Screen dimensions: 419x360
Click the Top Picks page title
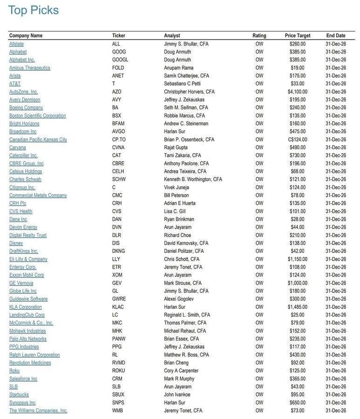tap(34, 10)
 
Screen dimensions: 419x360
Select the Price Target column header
tap(297, 36)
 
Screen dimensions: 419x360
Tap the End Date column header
tap(335, 36)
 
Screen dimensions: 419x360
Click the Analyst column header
tap(172, 36)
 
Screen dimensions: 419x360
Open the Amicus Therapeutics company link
tap(30, 68)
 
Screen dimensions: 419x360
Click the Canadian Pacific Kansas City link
tap(38, 140)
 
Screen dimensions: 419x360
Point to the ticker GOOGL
tap(120, 60)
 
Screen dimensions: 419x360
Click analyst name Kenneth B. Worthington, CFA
tap(193, 180)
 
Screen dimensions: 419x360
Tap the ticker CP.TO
tap(119, 140)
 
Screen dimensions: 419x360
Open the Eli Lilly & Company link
tap(28, 259)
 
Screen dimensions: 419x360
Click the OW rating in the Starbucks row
tap(259, 395)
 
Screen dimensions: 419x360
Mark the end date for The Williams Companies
tap(335, 411)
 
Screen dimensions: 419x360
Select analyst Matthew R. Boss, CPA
tap(186, 355)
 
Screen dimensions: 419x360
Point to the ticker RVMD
tap(119, 363)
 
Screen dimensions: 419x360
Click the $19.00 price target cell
tap(297, 68)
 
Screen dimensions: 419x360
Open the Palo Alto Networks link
tap(28, 339)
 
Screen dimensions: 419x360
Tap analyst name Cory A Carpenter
tap(181, 371)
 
